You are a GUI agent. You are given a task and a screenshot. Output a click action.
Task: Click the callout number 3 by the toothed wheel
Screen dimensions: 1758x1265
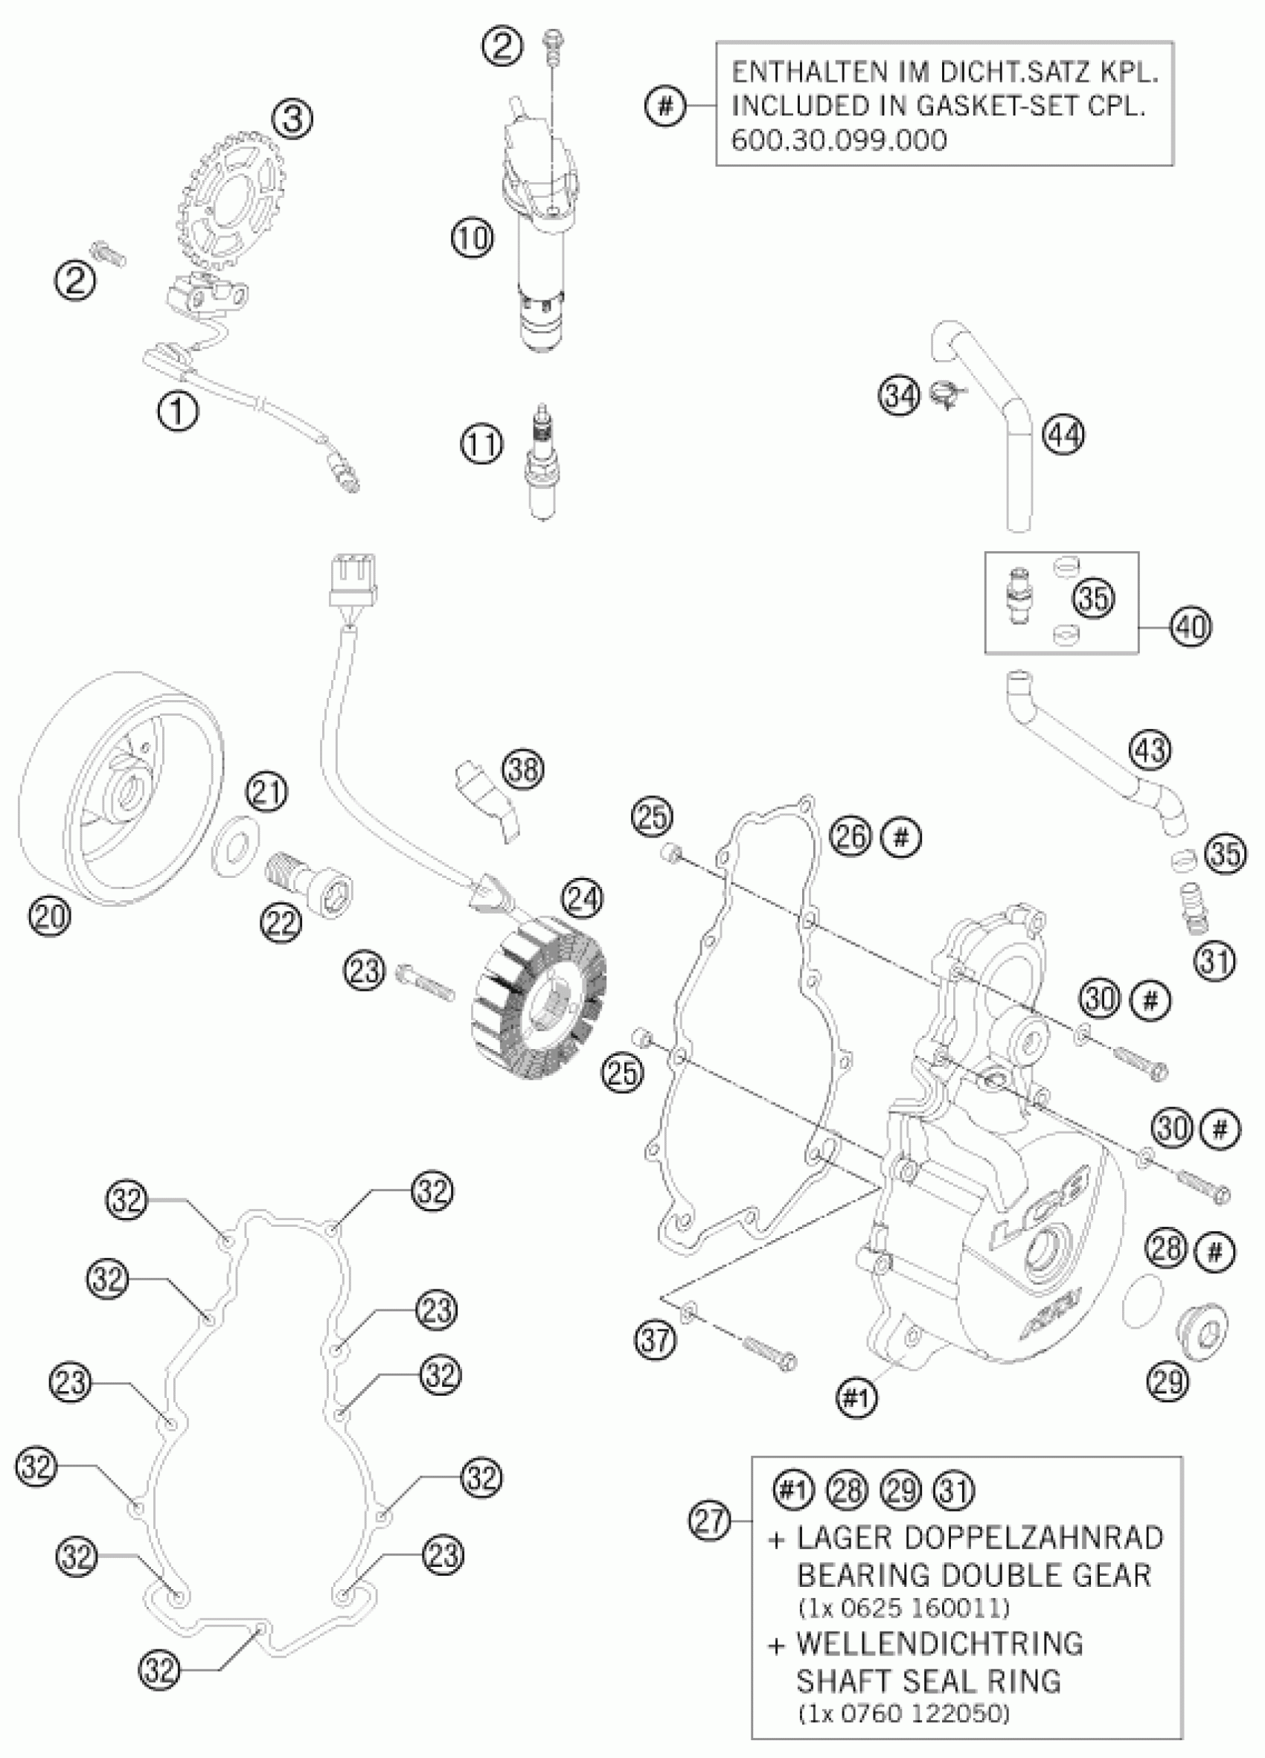coord(297,119)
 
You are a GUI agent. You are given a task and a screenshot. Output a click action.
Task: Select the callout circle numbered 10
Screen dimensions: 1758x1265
coord(472,237)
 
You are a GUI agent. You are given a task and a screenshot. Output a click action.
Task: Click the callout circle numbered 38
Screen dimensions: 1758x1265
coord(522,770)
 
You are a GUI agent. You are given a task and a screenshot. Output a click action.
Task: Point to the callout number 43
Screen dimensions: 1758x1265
coord(1150,751)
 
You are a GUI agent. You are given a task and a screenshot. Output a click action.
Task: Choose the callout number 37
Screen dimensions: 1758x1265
coord(656,1339)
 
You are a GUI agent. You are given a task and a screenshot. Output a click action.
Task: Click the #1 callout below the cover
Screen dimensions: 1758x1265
coord(856,1399)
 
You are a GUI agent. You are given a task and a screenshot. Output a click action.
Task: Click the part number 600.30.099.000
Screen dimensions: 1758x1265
coord(839,141)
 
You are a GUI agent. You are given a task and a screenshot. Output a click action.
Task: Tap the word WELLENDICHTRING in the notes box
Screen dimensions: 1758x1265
coord(938,1641)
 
